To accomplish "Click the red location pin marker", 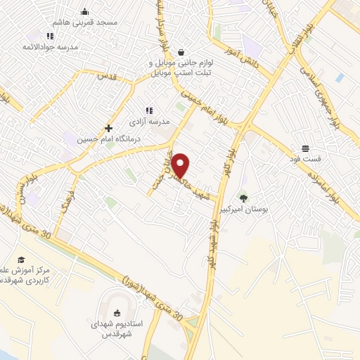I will (181, 166).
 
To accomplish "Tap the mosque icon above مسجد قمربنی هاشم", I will (85, 11).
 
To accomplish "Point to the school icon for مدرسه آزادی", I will (148, 110).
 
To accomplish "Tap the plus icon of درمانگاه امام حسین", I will (108, 129).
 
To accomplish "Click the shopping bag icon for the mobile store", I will (182, 52).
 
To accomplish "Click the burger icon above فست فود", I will (306, 148).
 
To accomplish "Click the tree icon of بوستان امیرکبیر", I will (243, 199).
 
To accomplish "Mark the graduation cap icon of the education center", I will (20, 260).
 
